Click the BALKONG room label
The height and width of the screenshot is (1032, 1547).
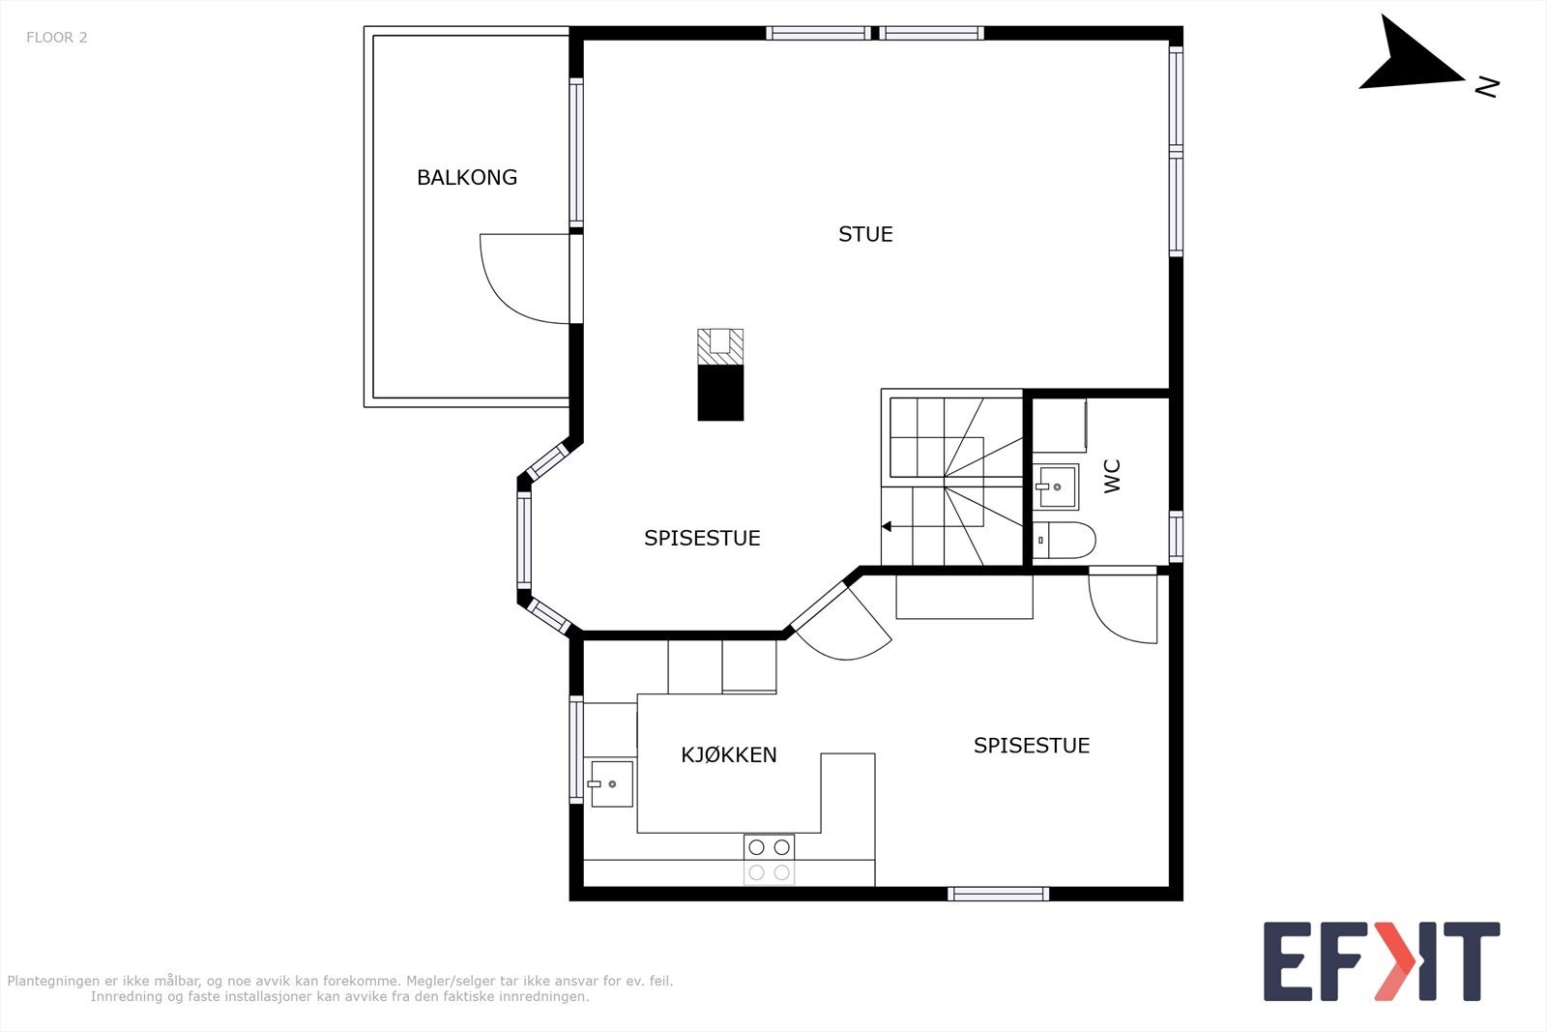click(467, 178)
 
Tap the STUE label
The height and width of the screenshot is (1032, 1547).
click(865, 234)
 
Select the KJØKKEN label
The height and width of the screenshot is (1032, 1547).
click(729, 754)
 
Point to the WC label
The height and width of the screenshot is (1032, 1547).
click(1112, 476)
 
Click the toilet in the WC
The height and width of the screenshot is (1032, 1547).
click(1065, 540)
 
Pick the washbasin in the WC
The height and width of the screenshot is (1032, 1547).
click(1055, 487)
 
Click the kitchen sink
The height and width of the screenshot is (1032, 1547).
click(610, 783)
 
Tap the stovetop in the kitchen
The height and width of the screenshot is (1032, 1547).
click(769, 860)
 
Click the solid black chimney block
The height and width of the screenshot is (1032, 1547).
click(720, 393)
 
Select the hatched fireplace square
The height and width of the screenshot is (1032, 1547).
click(720, 347)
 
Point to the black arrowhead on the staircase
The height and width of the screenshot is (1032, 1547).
click(886, 527)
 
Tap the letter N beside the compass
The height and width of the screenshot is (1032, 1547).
click(1487, 87)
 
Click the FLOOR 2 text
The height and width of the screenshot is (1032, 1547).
click(57, 38)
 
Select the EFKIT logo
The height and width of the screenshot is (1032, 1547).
click(1382, 960)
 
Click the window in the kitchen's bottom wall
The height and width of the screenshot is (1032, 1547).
click(998, 894)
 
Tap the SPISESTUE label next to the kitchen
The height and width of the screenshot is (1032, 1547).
click(1031, 746)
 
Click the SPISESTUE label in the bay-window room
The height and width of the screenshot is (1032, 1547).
click(702, 538)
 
